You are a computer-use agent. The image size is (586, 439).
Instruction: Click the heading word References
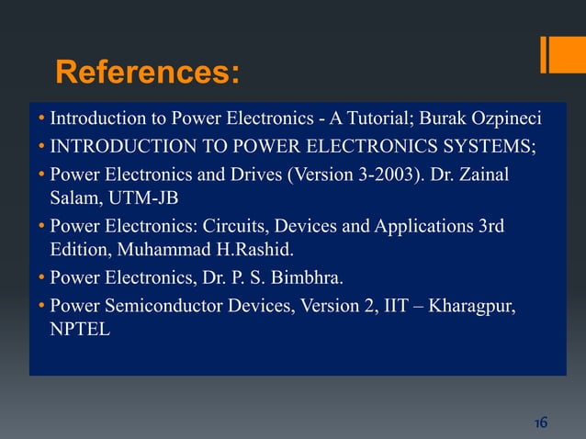coord(148,72)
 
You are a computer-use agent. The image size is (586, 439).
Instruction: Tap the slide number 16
coord(540,422)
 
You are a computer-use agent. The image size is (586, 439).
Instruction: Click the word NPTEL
coord(80,329)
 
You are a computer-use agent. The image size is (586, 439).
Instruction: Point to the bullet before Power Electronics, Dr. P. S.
coord(42,277)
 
